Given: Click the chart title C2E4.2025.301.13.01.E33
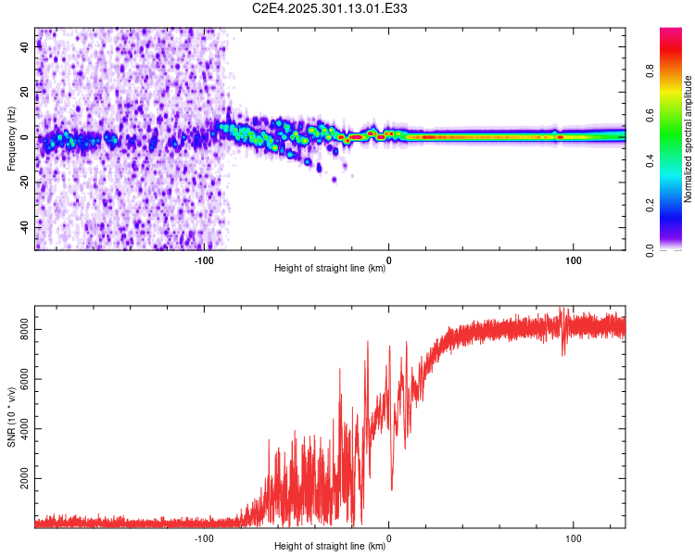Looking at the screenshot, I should pos(331,8).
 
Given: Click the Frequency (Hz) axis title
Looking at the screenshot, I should pos(11,139).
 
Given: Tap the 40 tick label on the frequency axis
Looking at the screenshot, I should pos(25,47).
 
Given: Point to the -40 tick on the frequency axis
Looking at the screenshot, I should pos(25,226).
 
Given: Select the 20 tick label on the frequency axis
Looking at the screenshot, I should pos(25,92).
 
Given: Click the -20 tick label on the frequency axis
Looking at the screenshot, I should pos(25,182).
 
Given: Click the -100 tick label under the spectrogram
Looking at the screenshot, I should pos(205,260).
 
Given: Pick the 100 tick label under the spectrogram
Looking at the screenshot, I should pos(573,260).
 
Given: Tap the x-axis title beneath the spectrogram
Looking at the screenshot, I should pos(330,270).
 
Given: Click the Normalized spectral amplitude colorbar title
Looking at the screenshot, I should pos(689,139).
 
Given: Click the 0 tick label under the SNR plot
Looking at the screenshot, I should pos(388,537).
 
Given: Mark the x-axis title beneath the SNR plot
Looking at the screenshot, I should pos(330,547).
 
